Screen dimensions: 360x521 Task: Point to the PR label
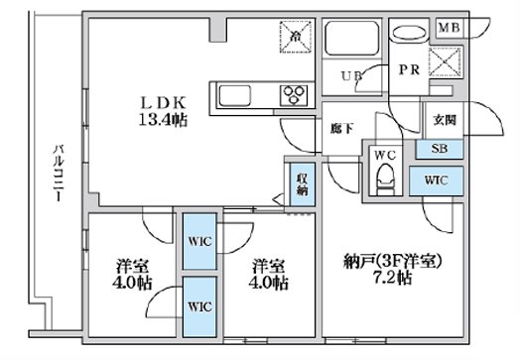coord(407,70)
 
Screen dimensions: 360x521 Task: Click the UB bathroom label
coord(351,75)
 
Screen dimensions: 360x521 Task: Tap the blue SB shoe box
coord(440,148)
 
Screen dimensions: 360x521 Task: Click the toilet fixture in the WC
coord(385,180)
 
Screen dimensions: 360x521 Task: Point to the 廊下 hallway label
coord(342,128)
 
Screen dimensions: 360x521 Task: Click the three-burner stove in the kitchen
coord(296,96)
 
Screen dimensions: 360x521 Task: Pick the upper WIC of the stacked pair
coord(197,242)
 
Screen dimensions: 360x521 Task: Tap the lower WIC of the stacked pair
coord(197,305)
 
